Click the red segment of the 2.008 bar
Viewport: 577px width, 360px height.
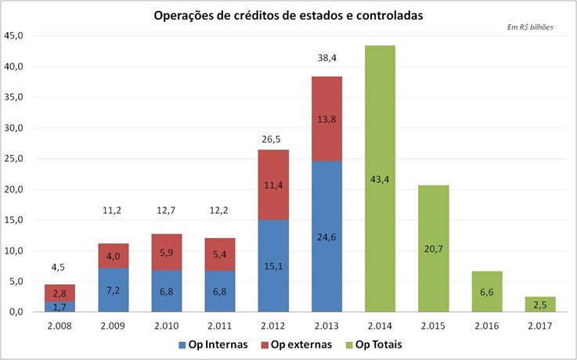point(60,293)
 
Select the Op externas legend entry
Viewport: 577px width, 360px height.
point(297,345)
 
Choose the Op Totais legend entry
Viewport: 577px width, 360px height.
point(380,345)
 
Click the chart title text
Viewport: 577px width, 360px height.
point(289,15)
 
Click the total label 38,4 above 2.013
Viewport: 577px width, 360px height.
point(327,57)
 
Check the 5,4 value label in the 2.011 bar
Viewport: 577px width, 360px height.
point(220,254)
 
